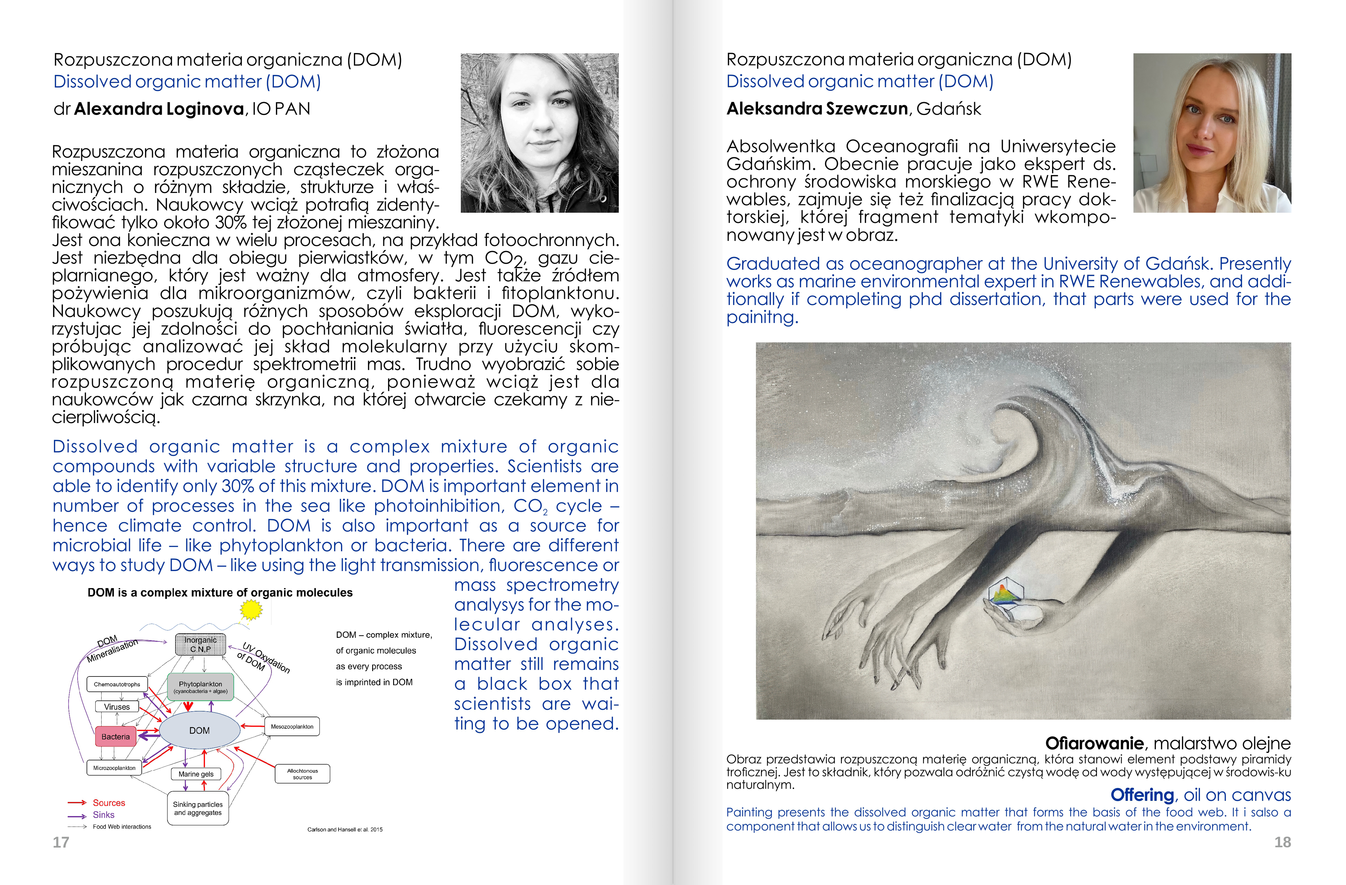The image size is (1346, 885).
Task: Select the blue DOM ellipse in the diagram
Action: (x=200, y=730)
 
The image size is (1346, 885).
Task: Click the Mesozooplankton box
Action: (x=292, y=727)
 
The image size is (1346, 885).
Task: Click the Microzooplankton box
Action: (x=114, y=768)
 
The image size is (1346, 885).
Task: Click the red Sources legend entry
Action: (x=109, y=802)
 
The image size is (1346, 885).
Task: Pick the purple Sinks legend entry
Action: (x=104, y=815)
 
